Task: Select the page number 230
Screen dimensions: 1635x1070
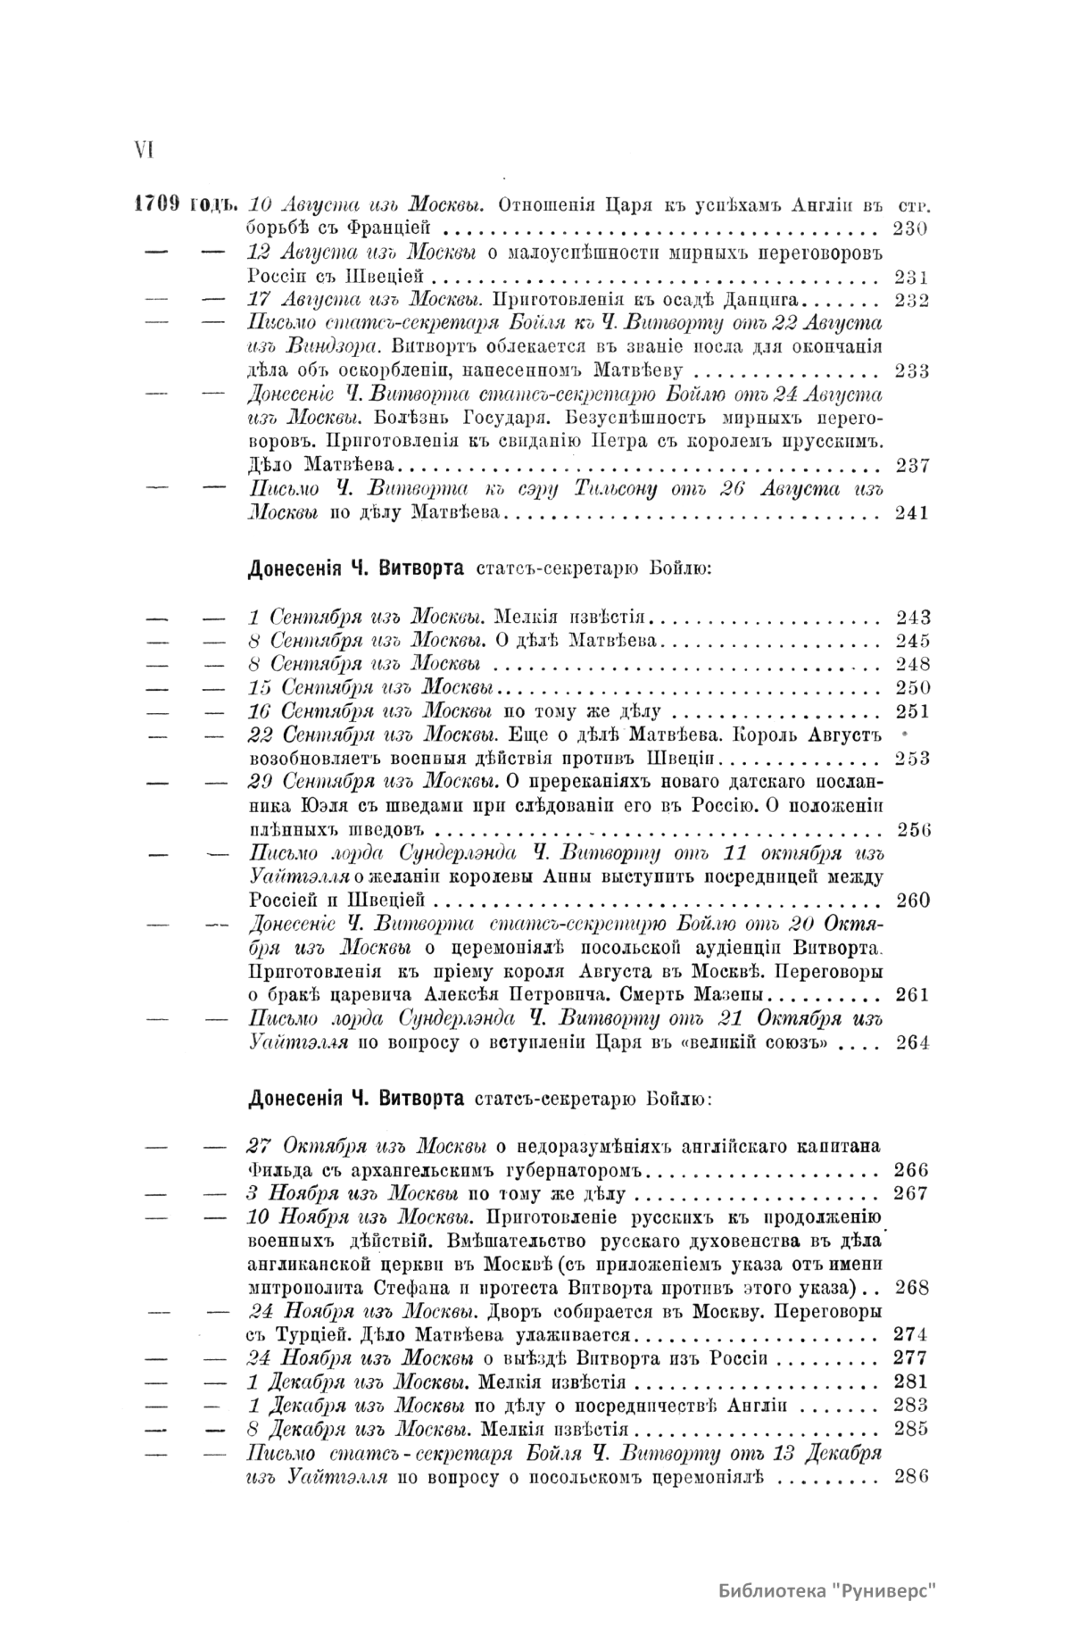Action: pyautogui.click(x=910, y=228)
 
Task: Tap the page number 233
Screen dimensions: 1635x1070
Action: pyautogui.click(x=911, y=371)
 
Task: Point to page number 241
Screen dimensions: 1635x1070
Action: pyautogui.click(x=911, y=512)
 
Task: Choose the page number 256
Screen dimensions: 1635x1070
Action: pyautogui.click(x=914, y=829)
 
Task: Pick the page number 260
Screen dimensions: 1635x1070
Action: pyautogui.click(x=912, y=900)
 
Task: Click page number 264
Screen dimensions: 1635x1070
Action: pyautogui.click(x=912, y=1042)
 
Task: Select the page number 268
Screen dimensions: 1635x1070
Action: pyautogui.click(x=911, y=1288)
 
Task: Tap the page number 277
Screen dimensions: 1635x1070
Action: pyautogui.click(x=911, y=1357)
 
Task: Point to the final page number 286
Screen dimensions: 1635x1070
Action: pyautogui.click(x=911, y=1476)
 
